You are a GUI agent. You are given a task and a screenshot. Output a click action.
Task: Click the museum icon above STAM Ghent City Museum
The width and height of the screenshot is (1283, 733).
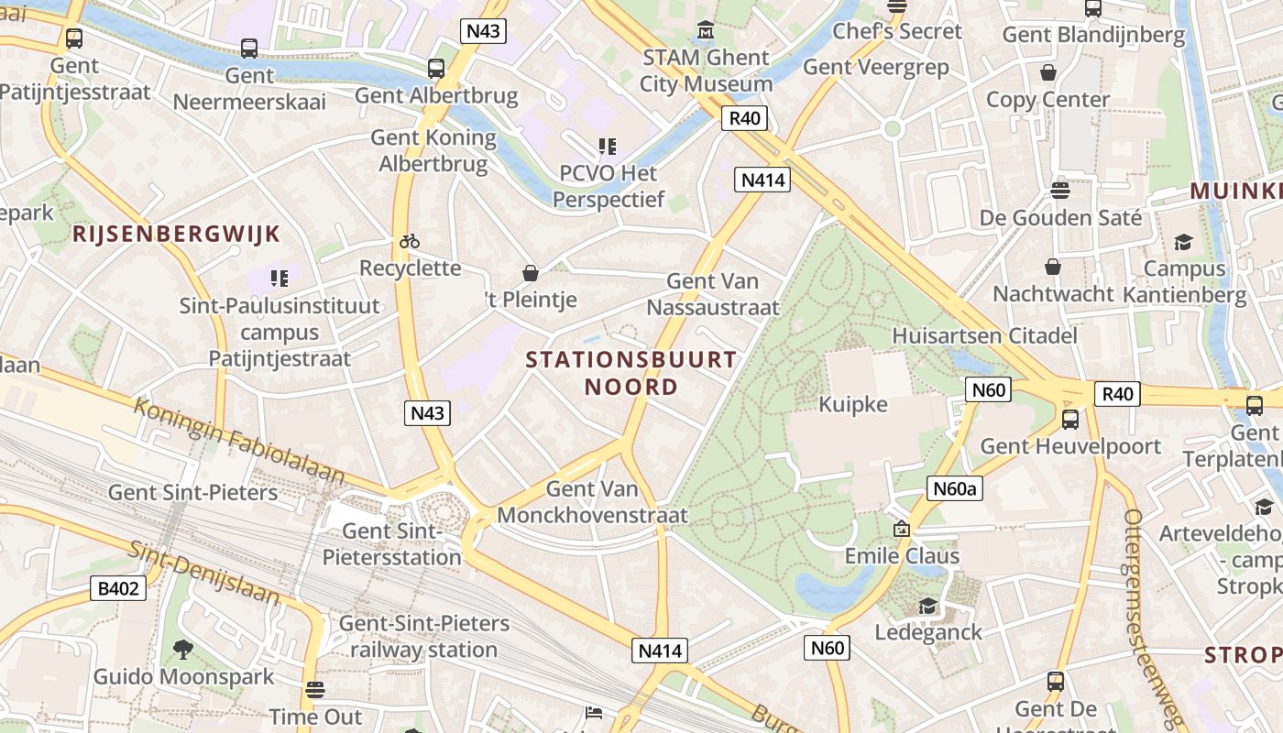tap(706, 31)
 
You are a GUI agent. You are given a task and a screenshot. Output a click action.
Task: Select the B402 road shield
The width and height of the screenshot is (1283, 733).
tap(118, 588)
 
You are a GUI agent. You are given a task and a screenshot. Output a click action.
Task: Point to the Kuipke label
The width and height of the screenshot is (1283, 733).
tap(853, 404)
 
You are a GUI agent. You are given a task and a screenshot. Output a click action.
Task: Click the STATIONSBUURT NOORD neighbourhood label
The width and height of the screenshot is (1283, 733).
tap(631, 373)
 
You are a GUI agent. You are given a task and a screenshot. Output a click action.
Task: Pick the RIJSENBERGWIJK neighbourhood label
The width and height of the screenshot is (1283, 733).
tap(176, 234)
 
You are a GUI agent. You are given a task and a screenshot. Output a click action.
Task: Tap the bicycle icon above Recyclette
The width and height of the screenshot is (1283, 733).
tap(410, 241)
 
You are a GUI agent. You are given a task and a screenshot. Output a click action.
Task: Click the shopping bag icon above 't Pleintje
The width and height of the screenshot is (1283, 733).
tap(530, 272)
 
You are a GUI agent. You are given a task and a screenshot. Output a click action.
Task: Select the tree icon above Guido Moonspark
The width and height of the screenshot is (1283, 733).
tap(183, 650)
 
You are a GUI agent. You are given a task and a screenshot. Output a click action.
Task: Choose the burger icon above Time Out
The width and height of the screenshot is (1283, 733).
tap(315, 689)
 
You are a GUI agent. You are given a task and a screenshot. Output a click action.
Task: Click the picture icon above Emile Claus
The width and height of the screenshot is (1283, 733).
tap(902, 529)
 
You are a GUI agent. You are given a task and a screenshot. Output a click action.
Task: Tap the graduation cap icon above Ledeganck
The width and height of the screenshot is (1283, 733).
tap(928, 606)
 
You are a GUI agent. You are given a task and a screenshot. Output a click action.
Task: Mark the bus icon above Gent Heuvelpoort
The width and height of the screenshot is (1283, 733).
tap(1069, 420)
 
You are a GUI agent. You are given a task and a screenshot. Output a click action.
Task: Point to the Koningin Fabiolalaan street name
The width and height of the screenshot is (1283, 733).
tap(239, 441)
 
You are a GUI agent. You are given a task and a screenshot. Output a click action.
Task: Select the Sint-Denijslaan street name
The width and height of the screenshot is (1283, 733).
tap(203, 572)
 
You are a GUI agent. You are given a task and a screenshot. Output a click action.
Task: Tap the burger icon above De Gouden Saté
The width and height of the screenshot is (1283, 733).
tap(1060, 191)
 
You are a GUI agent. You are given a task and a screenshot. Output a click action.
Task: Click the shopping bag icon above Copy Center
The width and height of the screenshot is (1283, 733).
tap(1048, 71)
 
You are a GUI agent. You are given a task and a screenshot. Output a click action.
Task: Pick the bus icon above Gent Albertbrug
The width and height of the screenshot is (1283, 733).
tap(436, 68)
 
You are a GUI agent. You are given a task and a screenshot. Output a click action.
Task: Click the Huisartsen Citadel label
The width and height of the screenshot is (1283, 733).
tap(984, 335)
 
